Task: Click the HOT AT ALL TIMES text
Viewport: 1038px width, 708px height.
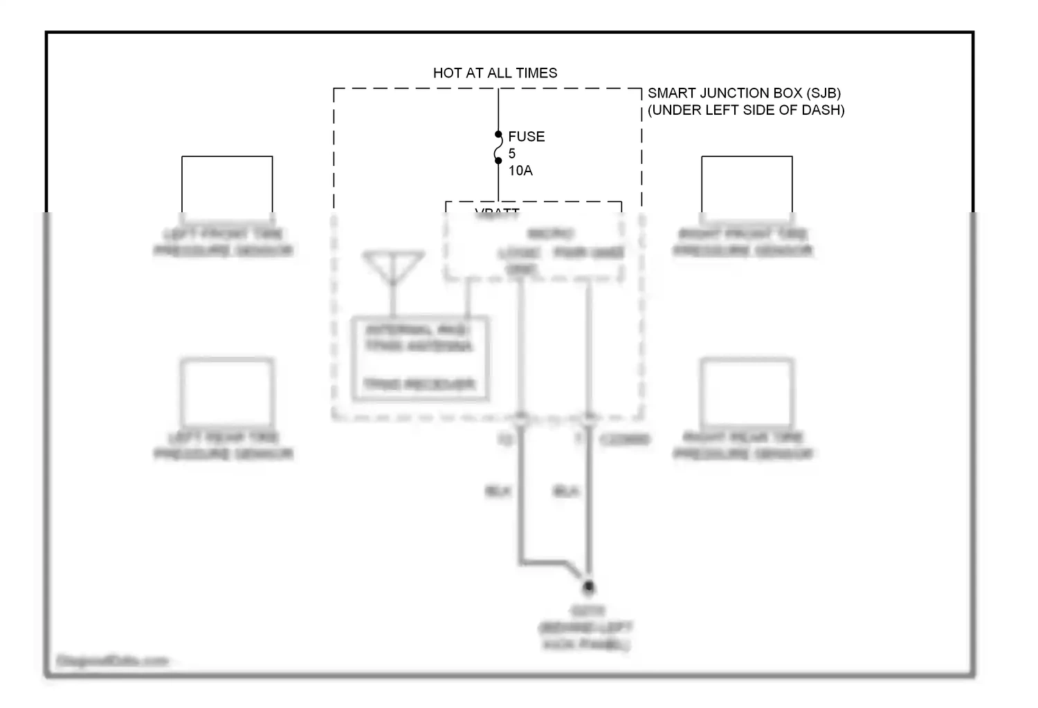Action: click(495, 73)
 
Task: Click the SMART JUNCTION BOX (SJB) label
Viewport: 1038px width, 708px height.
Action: click(744, 93)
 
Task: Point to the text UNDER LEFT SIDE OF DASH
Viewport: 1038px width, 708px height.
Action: click(746, 110)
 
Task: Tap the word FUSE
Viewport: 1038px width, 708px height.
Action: click(526, 136)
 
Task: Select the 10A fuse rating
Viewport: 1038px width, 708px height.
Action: click(520, 170)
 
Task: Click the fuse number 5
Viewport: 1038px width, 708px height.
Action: click(512, 153)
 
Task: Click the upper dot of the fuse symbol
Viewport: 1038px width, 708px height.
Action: click(498, 134)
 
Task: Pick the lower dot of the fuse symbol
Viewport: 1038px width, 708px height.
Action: click(498, 160)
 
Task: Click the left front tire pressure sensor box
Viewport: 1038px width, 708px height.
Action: click(227, 185)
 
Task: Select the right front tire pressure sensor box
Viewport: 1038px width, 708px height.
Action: click(747, 185)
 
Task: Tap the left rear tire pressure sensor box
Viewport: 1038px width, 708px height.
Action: click(227, 392)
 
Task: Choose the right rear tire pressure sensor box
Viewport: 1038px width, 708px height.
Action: click(747, 392)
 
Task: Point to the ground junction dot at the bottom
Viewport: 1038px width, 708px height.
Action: click(588, 587)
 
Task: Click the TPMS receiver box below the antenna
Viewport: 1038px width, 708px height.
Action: click(421, 358)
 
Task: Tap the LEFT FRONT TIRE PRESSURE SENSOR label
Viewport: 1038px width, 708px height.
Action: click(224, 242)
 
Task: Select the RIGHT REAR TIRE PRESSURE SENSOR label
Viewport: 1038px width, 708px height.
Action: click(743, 445)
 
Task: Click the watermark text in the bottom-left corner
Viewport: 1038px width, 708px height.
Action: click(112, 661)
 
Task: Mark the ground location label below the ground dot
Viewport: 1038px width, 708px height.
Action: click(585, 628)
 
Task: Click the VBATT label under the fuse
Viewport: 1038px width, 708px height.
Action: click(497, 212)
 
